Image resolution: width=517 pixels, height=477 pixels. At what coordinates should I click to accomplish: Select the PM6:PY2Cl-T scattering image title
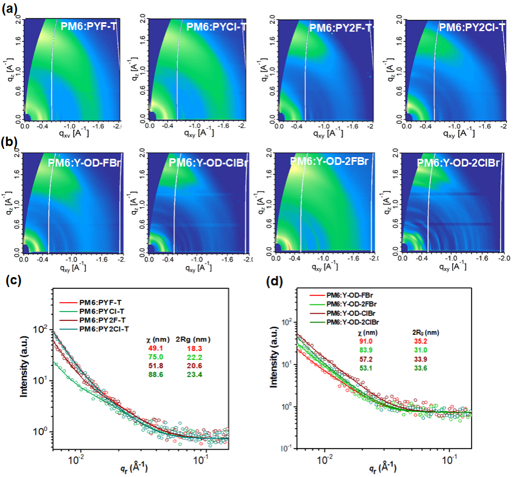coord(472,26)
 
